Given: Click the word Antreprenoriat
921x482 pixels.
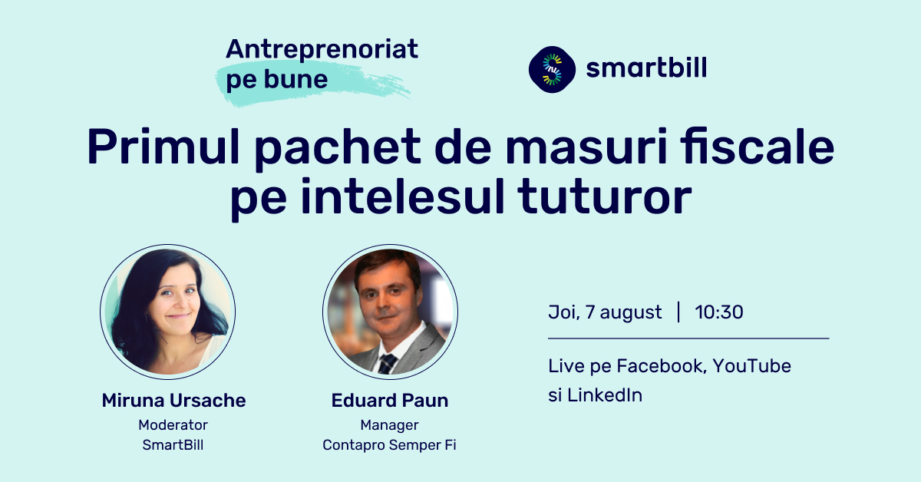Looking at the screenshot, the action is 322,50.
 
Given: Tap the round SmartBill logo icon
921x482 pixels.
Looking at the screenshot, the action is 552,69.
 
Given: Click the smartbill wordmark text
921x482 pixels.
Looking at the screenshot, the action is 646,68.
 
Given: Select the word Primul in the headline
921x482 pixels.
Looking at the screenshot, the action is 163,147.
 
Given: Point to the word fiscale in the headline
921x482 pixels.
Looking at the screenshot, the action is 757,146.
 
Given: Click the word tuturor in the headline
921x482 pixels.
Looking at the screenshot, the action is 605,196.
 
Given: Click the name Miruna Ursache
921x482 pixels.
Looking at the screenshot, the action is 174,400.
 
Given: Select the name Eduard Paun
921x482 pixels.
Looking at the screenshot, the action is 390,400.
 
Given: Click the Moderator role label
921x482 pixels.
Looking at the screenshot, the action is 173,425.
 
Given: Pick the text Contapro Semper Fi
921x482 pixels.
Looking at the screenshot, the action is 389,445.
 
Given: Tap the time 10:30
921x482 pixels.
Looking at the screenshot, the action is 719,312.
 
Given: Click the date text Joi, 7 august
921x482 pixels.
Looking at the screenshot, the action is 605,312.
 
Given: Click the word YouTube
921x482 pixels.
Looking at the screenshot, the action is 752,366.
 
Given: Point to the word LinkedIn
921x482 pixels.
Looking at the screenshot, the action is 605,395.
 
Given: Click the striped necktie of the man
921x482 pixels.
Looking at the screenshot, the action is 387,364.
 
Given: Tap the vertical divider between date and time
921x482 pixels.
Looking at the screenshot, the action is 678,312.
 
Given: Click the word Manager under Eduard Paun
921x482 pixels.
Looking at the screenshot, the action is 389,425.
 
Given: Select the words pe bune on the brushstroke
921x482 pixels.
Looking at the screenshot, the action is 277,79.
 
